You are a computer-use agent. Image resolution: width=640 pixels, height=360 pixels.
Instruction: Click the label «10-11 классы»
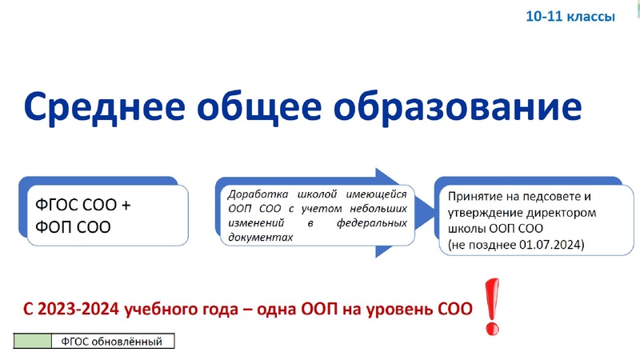(570, 16)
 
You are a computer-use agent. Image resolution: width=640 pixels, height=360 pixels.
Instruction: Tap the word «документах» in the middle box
(255, 238)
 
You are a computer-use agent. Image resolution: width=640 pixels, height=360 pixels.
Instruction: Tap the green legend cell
(33, 342)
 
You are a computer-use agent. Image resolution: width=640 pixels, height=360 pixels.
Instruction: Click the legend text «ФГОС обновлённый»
(113, 342)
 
